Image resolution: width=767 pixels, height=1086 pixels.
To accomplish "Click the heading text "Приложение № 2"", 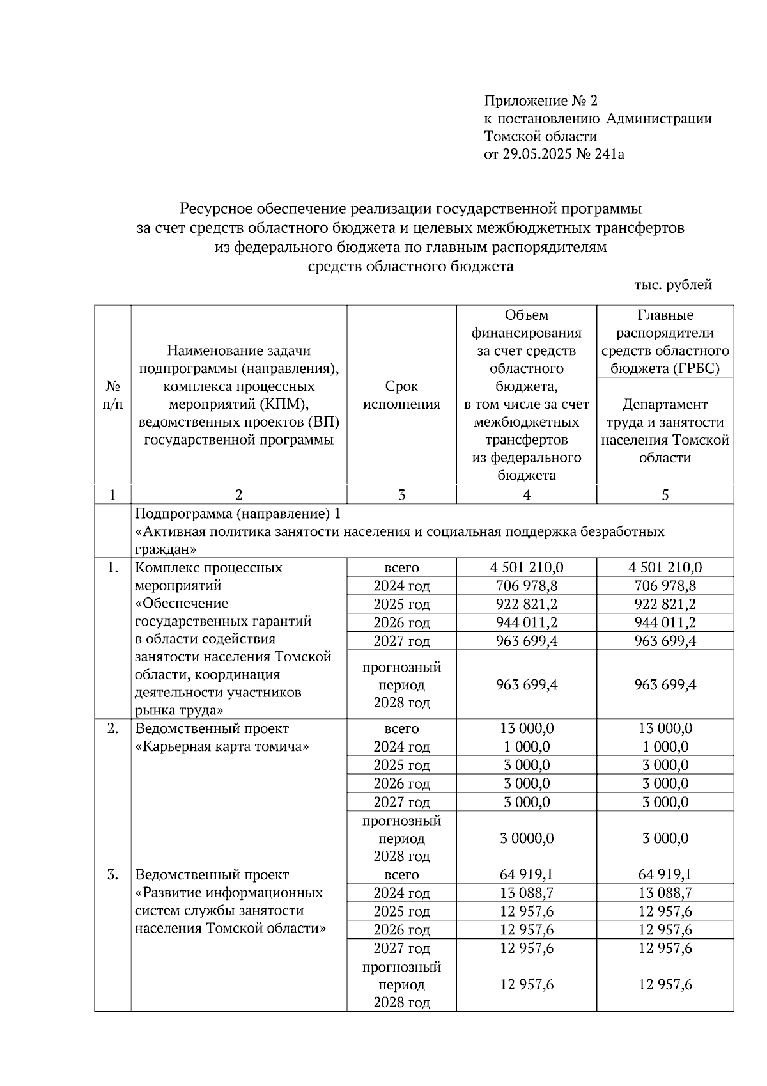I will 540,100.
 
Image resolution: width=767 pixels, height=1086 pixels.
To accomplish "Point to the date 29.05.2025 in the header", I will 534,154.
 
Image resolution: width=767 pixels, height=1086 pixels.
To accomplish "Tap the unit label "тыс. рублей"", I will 673,285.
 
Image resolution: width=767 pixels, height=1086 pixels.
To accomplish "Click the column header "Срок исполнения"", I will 401,395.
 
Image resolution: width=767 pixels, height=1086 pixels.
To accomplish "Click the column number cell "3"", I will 401,494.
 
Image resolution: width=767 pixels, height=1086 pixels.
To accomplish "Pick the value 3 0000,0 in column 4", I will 526,838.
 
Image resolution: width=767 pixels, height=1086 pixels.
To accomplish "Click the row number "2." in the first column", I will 112,728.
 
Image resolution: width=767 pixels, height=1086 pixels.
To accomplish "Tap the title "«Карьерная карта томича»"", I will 222,746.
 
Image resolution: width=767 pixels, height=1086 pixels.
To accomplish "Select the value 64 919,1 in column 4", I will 526,874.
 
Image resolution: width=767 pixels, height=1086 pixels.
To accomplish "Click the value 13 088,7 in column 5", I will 665,893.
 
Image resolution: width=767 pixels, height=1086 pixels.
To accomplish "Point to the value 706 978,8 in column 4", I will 526,586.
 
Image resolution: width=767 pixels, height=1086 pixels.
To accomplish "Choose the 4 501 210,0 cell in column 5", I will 665,567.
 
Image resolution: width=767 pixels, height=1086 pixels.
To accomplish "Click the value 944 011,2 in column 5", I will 665,622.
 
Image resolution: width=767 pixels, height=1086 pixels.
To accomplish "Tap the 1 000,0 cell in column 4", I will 526,746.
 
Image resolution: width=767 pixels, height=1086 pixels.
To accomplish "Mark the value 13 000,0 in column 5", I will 665,728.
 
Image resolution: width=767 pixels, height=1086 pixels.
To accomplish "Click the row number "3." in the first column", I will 112,874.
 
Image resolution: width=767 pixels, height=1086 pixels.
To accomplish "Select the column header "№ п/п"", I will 112,395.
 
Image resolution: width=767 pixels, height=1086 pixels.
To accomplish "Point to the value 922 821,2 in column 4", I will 526,604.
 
